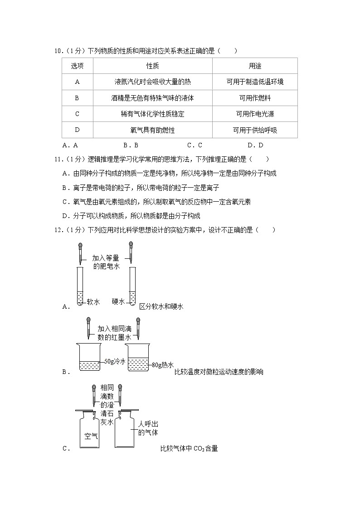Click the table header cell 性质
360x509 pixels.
152,66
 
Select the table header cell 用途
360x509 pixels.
255,66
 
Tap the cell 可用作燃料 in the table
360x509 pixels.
255,98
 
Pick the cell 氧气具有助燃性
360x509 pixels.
152,130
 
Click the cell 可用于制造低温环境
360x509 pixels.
255,82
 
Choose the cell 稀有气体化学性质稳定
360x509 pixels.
152,114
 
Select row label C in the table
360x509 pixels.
77,114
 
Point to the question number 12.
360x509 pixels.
58,230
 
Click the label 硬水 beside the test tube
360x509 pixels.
118,302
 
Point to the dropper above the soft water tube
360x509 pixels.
80,253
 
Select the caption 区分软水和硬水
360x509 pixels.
161,307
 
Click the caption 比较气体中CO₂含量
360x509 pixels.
189,449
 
